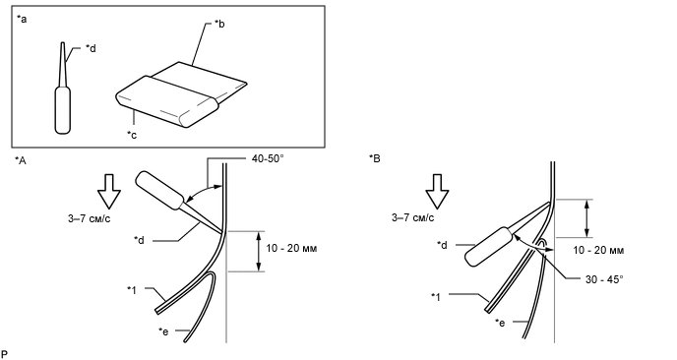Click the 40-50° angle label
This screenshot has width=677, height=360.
[x=268, y=158]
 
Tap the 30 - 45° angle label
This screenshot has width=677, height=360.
[x=604, y=279]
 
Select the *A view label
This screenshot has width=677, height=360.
[x=21, y=160]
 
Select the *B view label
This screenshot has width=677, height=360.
[x=375, y=158]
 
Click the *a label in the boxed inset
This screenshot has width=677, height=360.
[x=22, y=19]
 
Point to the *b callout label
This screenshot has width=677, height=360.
[x=219, y=24]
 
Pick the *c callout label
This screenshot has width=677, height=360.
[x=132, y=135]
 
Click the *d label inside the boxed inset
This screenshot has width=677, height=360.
[x=91, y=48]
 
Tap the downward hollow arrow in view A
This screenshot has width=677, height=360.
[x=109, y=192]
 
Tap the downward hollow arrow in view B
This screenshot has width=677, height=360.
[x=437, y=192]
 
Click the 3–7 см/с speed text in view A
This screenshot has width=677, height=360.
[x=89, y=218]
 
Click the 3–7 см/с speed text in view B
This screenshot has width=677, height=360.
[x=412, y=217]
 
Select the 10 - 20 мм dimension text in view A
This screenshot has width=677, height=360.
[x=291, y=249]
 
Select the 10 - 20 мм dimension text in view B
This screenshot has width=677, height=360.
[x=598, y=251]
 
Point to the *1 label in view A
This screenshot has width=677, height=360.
[x=132, y=290]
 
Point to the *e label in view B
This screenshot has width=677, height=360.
[x=500, y=323]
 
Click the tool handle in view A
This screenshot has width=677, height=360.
[x=160, y=191]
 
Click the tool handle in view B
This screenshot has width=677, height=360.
[x=488, y=247]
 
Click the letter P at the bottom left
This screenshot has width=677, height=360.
[x=4, y=354]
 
